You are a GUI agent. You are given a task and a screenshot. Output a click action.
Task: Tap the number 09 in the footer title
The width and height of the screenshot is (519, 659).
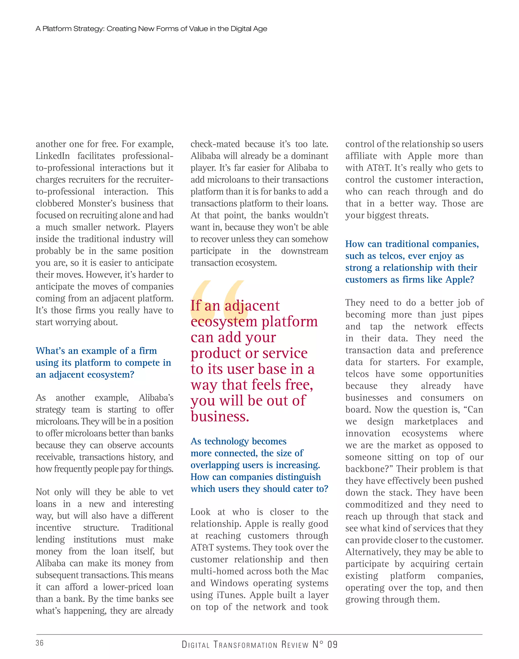click(x=332, y=645)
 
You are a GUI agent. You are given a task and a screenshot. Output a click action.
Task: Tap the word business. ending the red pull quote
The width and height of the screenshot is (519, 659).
click(x=220, y=417)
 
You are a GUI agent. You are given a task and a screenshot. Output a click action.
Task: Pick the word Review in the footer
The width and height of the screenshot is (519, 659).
click(x=295, y=645)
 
